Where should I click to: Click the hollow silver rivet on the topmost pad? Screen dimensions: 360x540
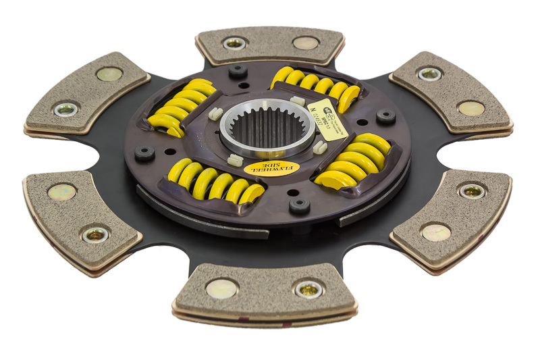tap(234, 43)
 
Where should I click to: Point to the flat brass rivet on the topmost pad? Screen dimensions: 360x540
tap(306, 43)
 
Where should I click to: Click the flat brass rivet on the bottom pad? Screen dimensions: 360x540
tap(222, 288)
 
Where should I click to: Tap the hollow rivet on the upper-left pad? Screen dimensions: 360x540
tap(66, 109)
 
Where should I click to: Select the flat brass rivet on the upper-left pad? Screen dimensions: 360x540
tap(109, 74)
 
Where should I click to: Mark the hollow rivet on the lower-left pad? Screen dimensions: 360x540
tap(95, 235)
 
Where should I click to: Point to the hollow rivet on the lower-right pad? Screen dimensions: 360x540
tap(472, 191)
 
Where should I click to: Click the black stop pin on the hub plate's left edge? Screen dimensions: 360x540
tap(144, 153)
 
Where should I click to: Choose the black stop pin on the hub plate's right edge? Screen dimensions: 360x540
tap(385, 116)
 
